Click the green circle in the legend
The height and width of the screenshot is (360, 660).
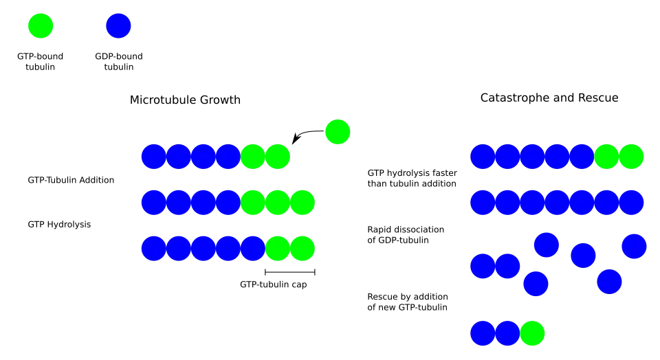(x=41, y=25)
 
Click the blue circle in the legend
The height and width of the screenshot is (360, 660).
(x=118, y=25)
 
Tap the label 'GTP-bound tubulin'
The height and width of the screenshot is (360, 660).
(x=40, y=61)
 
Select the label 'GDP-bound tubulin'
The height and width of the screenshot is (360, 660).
(x=119, y=61)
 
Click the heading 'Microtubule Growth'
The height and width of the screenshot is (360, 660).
(x=185, y=100)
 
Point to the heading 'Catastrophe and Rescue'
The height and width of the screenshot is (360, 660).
(x=549, y=98)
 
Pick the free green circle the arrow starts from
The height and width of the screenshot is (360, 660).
(x=338, y=132)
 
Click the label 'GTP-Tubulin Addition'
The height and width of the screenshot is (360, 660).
(x=71, y=180)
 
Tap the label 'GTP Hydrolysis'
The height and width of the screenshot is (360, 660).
(x=59, y=225)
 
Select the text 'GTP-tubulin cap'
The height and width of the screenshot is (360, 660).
(x=273, y=284)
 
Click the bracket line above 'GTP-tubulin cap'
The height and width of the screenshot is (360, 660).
(x=290, y=272)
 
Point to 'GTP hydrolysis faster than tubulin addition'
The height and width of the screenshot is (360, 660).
(x=412, y=179)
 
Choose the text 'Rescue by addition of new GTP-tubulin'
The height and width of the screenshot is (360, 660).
(x=408, y=302)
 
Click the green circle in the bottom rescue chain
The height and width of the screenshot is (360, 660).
(x=532, y=333)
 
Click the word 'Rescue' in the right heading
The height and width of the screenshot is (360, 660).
(x=598, y=98)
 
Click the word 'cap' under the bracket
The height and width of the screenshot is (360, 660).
(x=299, y=285)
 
